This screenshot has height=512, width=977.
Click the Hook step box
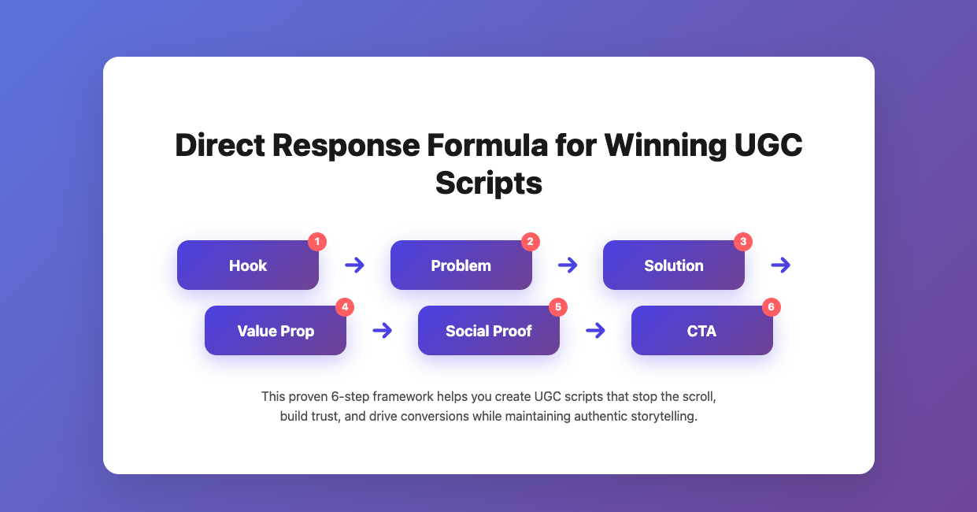248,265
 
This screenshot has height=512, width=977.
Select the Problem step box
461,265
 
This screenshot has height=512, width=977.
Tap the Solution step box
674,265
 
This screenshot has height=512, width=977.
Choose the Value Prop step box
276,331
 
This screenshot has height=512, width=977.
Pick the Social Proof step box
489,331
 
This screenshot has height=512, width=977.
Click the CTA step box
701,331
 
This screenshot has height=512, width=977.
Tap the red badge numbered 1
317,242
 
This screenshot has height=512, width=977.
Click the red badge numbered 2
531,242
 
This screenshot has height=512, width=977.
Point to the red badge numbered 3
743,242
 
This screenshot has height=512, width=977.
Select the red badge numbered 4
345,307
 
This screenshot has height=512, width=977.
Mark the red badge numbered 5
558,307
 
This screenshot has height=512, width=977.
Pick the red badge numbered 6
772,307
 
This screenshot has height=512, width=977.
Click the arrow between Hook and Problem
355,265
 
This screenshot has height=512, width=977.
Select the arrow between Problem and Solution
568,265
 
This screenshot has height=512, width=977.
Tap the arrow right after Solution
781,265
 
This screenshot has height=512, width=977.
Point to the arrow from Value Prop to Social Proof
383,331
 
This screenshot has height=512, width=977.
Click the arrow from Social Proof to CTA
596,331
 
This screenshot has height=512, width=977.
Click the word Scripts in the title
489,183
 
